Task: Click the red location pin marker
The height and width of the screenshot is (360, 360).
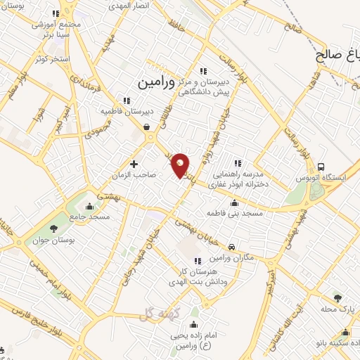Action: pos(181,165)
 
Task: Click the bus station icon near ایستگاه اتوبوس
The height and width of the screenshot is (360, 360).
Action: pos(321,167)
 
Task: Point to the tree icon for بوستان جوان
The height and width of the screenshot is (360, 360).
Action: pos(53,228)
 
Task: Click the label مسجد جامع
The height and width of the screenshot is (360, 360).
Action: pos(89,217)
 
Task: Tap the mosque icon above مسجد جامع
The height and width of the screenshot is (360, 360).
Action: pos(89,206)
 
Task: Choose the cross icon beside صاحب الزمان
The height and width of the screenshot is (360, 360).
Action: pos(134,164)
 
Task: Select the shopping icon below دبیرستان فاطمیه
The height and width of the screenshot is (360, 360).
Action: pos(146,127)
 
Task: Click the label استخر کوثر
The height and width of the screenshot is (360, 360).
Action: pos(54,58)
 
